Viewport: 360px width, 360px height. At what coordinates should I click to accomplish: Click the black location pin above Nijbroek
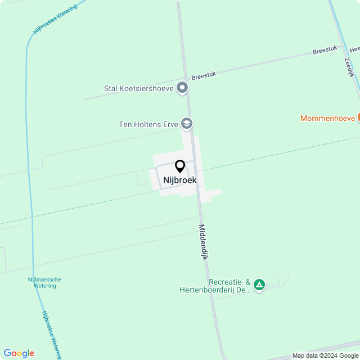click(x=180, y=166)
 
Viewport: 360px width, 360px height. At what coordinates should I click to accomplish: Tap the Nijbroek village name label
click(x=180, y=181)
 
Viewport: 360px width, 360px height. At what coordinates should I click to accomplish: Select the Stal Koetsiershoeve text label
click(x=139, y=88)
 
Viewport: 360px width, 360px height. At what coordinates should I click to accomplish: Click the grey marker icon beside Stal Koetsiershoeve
click(x=182, y=88)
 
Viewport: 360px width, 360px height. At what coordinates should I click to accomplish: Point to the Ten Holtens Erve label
click(x=148, y=124)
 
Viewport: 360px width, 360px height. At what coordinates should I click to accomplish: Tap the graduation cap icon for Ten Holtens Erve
click(x=187, y=124)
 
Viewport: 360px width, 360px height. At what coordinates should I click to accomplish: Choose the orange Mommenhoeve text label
click(x=327, y=118)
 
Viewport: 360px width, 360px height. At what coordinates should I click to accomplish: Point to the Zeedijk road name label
click(x=348, y=66)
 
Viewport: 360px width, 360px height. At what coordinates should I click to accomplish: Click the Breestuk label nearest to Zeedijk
click(x=325, y=51)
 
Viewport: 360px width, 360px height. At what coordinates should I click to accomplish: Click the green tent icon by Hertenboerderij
click(x=259, y=285)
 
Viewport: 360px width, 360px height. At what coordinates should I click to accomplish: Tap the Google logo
click(x=19, y=353)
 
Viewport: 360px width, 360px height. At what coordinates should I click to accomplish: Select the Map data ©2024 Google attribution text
click(x=325, y=355)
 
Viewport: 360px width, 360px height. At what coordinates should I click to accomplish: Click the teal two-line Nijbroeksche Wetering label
click(x=45, y=282)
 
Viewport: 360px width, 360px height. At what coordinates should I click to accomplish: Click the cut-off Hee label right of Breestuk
click(x=354, y=48)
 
